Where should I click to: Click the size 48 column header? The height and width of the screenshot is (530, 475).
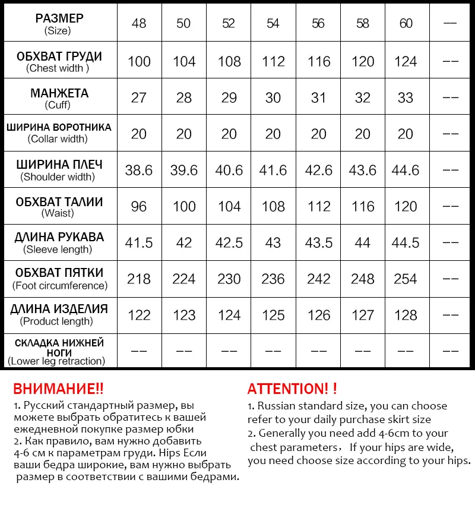click(139, 23)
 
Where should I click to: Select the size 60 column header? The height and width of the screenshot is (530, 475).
click(406, 23)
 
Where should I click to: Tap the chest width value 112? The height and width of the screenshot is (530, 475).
click(273, 62)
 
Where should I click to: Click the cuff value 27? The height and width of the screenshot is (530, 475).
click(139, 97)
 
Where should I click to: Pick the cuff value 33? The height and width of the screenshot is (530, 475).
click(406, 97)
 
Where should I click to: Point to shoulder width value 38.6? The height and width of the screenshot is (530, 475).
click(139, 171)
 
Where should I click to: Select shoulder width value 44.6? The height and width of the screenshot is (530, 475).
click(406, 171)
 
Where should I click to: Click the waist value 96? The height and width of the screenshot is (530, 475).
click(139, 207)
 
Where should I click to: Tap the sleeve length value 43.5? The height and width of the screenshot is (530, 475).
click(319, 243)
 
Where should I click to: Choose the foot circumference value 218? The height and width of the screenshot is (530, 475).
click(139, 279)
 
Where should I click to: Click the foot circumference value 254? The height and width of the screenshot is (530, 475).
click(406, 279)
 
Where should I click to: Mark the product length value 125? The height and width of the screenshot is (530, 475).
click(273, 315)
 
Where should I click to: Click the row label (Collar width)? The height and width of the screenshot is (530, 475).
click(58, 139)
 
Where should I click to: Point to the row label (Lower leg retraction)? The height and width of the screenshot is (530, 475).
click(56, 361)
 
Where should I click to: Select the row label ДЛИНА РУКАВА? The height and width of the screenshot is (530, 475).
click(59, 237)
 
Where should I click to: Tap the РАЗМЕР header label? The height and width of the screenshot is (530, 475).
click(59, 17)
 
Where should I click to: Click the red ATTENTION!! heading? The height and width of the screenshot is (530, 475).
click(292, 389)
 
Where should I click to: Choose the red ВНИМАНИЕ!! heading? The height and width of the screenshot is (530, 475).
click(58, 389)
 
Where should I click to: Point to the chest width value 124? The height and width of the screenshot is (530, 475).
click(406, 62)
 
